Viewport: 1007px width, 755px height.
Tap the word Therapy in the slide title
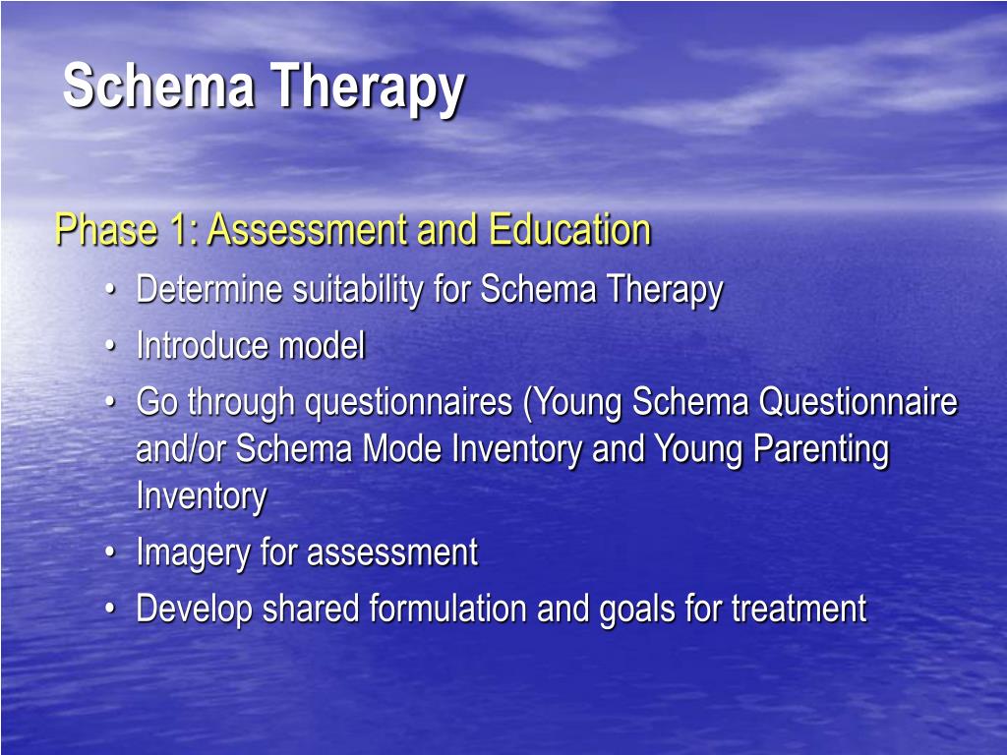click(369, 88)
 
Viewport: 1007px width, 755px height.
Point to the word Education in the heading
click(570, 231)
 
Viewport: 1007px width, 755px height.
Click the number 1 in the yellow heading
click(181, 231)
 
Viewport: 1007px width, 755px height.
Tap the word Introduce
click(203, 346)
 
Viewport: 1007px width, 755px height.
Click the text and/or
click(181, 450)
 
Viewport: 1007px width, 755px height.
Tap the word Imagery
click(193, 553)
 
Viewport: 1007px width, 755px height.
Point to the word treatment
click(799, 610)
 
